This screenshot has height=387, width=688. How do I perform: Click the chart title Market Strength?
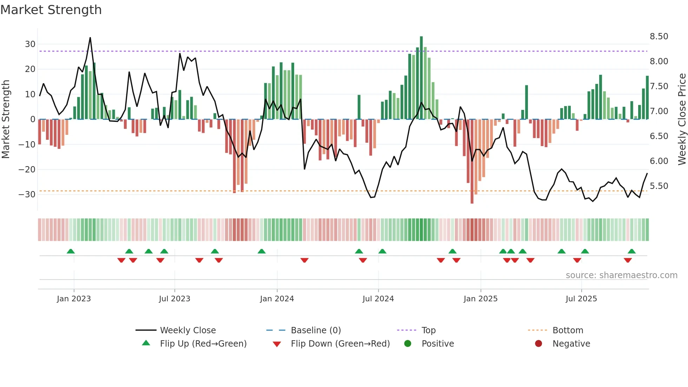51,10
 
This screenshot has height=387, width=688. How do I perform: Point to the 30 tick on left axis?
30,44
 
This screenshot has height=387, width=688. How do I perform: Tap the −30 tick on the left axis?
27,195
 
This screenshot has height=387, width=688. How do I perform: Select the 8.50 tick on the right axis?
659,37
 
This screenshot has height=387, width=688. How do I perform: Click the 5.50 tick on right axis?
659,186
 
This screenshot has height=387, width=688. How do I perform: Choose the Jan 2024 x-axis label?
277,299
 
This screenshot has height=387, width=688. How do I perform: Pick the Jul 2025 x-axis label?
581,299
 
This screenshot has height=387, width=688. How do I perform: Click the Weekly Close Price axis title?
682,119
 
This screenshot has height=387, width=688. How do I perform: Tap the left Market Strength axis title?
6,119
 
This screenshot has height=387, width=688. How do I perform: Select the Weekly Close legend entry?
187,330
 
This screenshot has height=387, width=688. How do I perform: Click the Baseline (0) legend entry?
316,330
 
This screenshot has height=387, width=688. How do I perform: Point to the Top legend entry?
428,330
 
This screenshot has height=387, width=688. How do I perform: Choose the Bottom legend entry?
568,330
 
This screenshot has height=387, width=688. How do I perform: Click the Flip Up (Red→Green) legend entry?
203,344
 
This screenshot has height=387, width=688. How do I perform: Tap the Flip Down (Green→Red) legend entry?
340,344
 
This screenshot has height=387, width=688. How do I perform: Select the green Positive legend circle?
408,343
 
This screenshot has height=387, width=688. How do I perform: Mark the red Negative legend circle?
538,343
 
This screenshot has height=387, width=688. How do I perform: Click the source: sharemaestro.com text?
621,275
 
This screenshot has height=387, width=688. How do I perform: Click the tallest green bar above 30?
421,77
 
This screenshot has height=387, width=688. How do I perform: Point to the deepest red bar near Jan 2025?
472,162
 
